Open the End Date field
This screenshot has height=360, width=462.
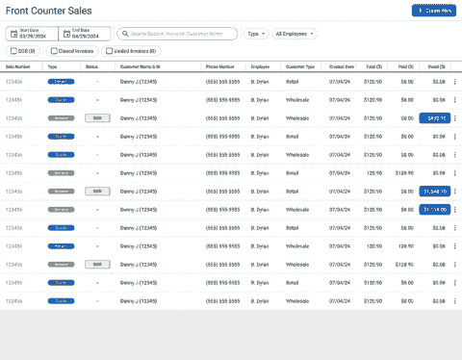tap(86, 34)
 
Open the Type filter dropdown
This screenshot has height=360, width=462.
tap(255, 34)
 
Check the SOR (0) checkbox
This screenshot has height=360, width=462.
tap(13, 50)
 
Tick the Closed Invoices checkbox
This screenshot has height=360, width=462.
tap(53, 50)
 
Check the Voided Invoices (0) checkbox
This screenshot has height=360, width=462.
tap(110, 50)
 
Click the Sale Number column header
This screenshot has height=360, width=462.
tap(18, 66)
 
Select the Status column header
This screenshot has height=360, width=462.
tap(91, 66)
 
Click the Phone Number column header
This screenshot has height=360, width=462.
tap(219, 66)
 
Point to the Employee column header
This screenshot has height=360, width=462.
tap(260, 66)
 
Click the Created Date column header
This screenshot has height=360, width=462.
tap(342, 66)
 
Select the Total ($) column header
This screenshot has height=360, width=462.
tap(373, 66)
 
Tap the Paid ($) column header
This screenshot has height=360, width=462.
tap(406, 66)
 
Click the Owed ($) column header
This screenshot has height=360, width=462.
tap(437, 66)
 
